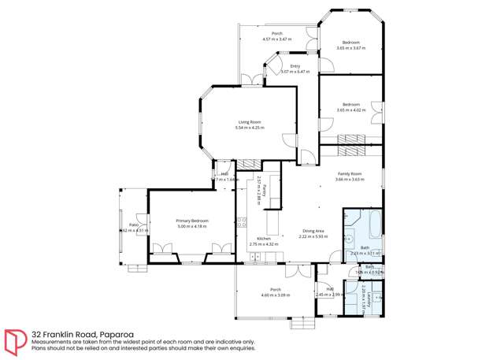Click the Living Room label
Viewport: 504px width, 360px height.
250,121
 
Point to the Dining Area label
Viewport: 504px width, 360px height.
313,231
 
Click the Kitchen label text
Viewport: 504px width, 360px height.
264,238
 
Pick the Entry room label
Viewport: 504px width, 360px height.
295,66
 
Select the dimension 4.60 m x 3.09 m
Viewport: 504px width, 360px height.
276,295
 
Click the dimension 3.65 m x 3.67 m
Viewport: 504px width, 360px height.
350,48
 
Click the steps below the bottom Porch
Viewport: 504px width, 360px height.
302,321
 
